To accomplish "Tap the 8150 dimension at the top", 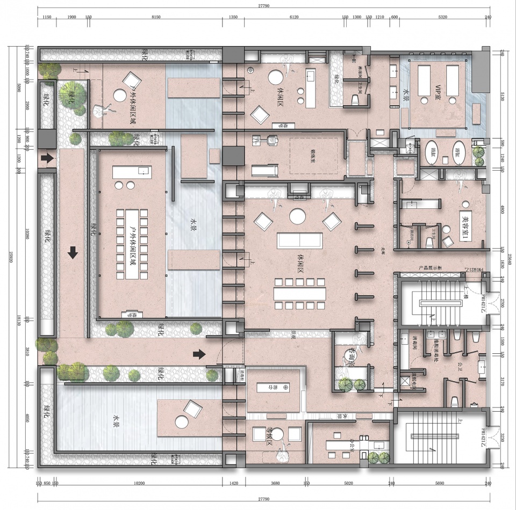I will (156, 18).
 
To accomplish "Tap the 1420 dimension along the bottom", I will (234, 483).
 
